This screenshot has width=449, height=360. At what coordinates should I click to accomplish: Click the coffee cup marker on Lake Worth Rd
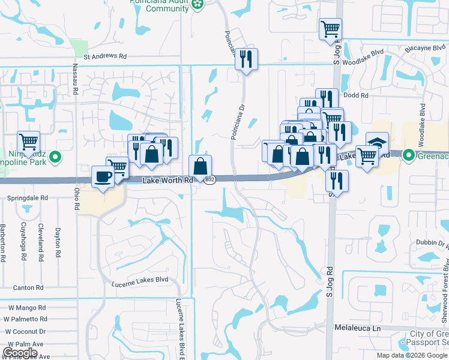pyautogui.click(x=102, y=176)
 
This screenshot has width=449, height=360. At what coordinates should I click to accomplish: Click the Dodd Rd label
pyautogui.click(x=356, y=95)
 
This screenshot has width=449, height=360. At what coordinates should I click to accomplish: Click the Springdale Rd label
pyautogui.click(x=28, y=197)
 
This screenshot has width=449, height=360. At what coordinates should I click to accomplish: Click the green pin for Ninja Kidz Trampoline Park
pyautogui.click(x=55, y=158)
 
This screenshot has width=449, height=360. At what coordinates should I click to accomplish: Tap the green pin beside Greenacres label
pyautogui.click(x=409, y=156)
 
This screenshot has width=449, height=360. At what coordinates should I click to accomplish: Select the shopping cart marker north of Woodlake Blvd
pyautogui.click(x=330, y=28)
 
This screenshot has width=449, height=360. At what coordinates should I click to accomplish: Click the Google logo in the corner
pyautogui.click(x=20, y=353)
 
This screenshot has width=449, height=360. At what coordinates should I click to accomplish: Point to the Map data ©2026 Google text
pyautogui.click(x=412, y=355)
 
